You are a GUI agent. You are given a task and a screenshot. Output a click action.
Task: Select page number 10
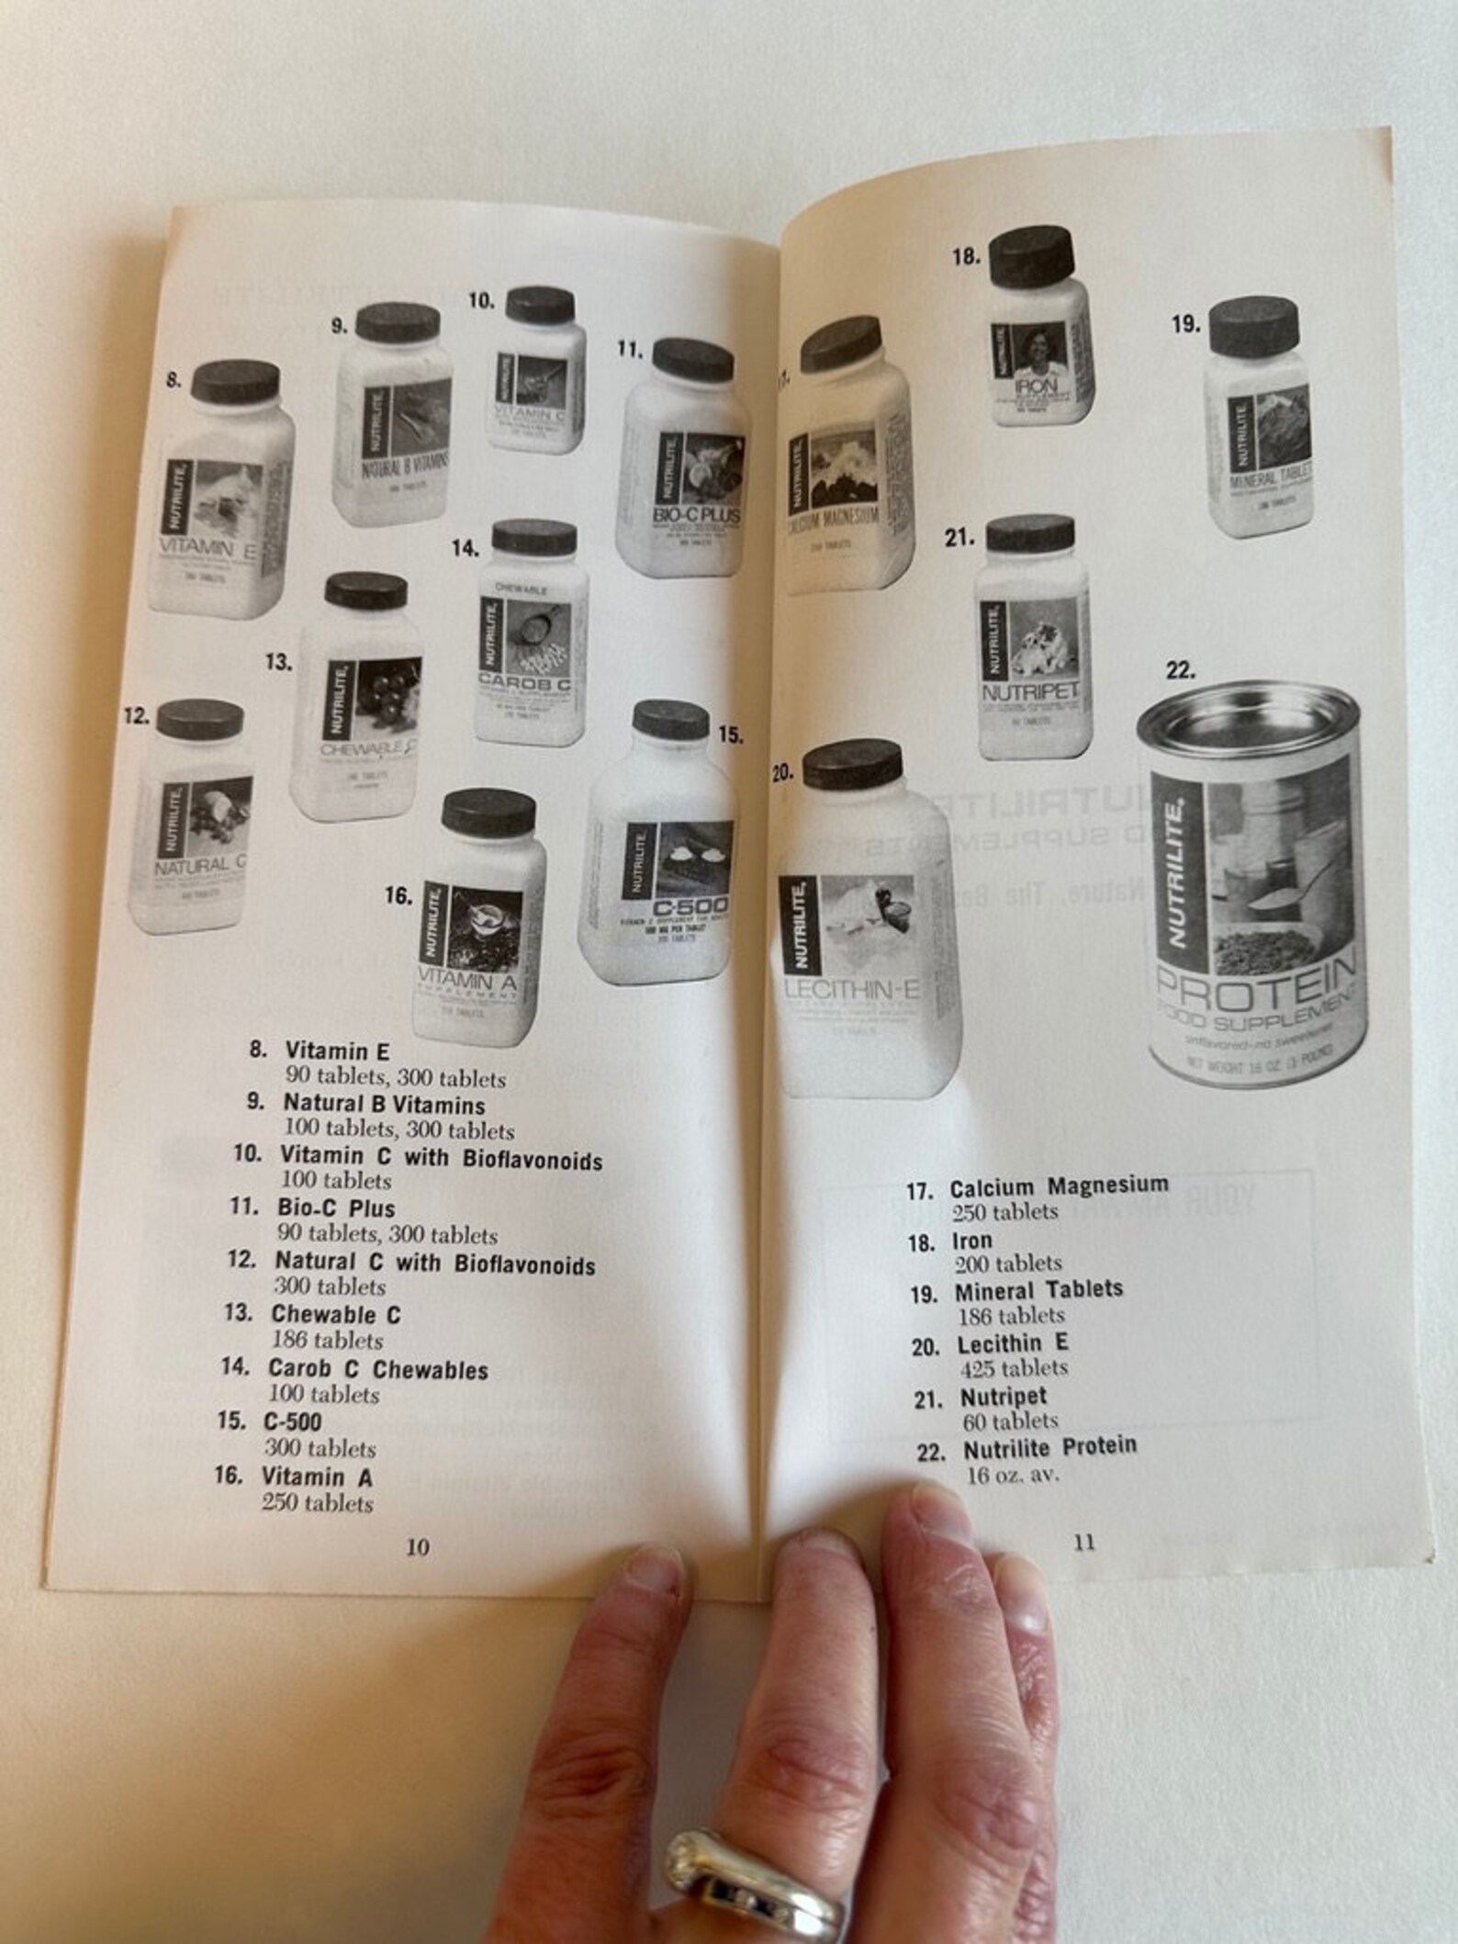click(417, 1546)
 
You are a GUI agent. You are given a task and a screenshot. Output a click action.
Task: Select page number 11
click(1084, 1542)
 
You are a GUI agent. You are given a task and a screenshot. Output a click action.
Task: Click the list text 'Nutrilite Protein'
click(1049, 1448)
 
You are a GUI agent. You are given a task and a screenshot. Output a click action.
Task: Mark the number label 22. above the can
click(1181, 670)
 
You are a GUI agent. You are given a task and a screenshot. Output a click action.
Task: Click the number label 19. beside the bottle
click(1186, 324)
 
